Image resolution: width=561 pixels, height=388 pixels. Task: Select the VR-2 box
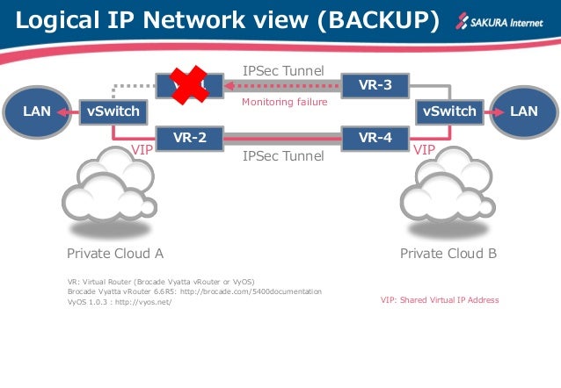pos(189,138)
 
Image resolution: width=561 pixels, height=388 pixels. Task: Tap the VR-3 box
pos(375,86)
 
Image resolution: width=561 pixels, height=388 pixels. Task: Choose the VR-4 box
pos(375,138)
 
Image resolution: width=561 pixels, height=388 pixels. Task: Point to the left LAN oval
pos(35,111)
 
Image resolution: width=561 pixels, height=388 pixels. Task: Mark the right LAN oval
pos(524,111)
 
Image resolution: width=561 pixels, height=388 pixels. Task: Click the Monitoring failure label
pos(283,103)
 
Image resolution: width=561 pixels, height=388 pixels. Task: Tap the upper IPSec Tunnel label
pos(283,68)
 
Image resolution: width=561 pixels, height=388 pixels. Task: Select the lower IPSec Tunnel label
pos(283,156)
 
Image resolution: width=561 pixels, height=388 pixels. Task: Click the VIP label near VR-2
pos(142,150)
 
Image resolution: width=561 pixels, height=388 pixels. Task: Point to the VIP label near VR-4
pos(424,150)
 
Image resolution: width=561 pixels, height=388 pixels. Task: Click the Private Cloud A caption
pos(115,254)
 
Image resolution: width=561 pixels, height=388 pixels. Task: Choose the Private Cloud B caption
pos(448,254)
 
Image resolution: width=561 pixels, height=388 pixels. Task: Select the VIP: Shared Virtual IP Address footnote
pos(439,300)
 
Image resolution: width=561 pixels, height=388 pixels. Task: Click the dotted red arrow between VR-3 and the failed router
pos(280,86)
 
